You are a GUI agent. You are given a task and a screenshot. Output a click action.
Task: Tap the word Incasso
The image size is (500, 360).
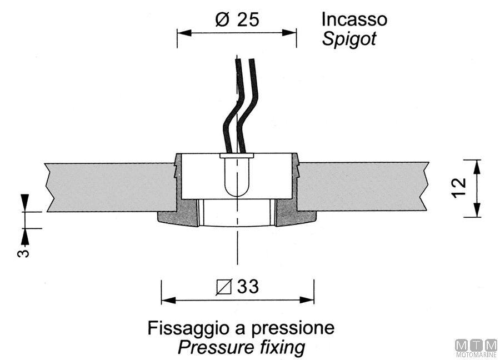354,19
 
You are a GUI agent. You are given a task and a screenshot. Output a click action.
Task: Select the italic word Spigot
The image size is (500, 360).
349,39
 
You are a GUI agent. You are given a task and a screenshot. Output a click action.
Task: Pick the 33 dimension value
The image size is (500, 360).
247,287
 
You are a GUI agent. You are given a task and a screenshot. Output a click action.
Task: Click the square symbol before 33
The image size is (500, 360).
225,288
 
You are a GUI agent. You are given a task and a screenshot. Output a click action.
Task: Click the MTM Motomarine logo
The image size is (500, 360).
476,348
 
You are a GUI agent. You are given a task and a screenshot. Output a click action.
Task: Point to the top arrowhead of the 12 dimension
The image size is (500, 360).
476,164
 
